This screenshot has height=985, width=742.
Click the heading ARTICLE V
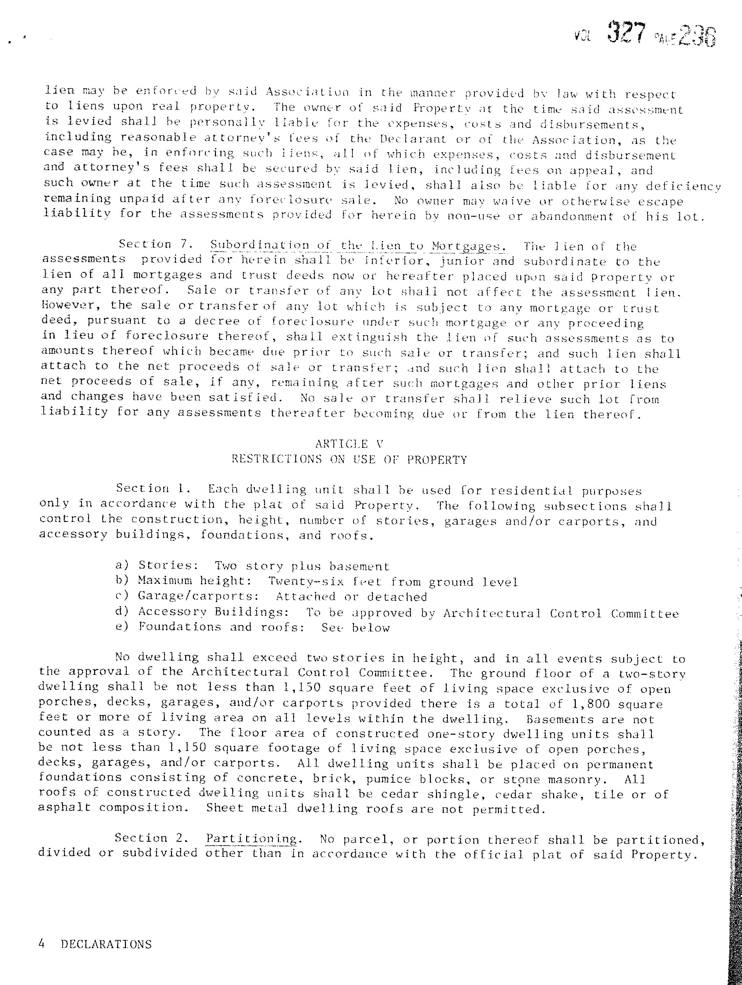tap(349, 444)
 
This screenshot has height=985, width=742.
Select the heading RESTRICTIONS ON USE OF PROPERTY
tap(349, 460)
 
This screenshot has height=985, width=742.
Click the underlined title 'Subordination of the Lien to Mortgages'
tap(358, 245)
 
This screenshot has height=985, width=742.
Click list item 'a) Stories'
tap(156, 566)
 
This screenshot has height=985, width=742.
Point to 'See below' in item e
tap(356, 628)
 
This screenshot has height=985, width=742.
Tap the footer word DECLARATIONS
tap(106, 944)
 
